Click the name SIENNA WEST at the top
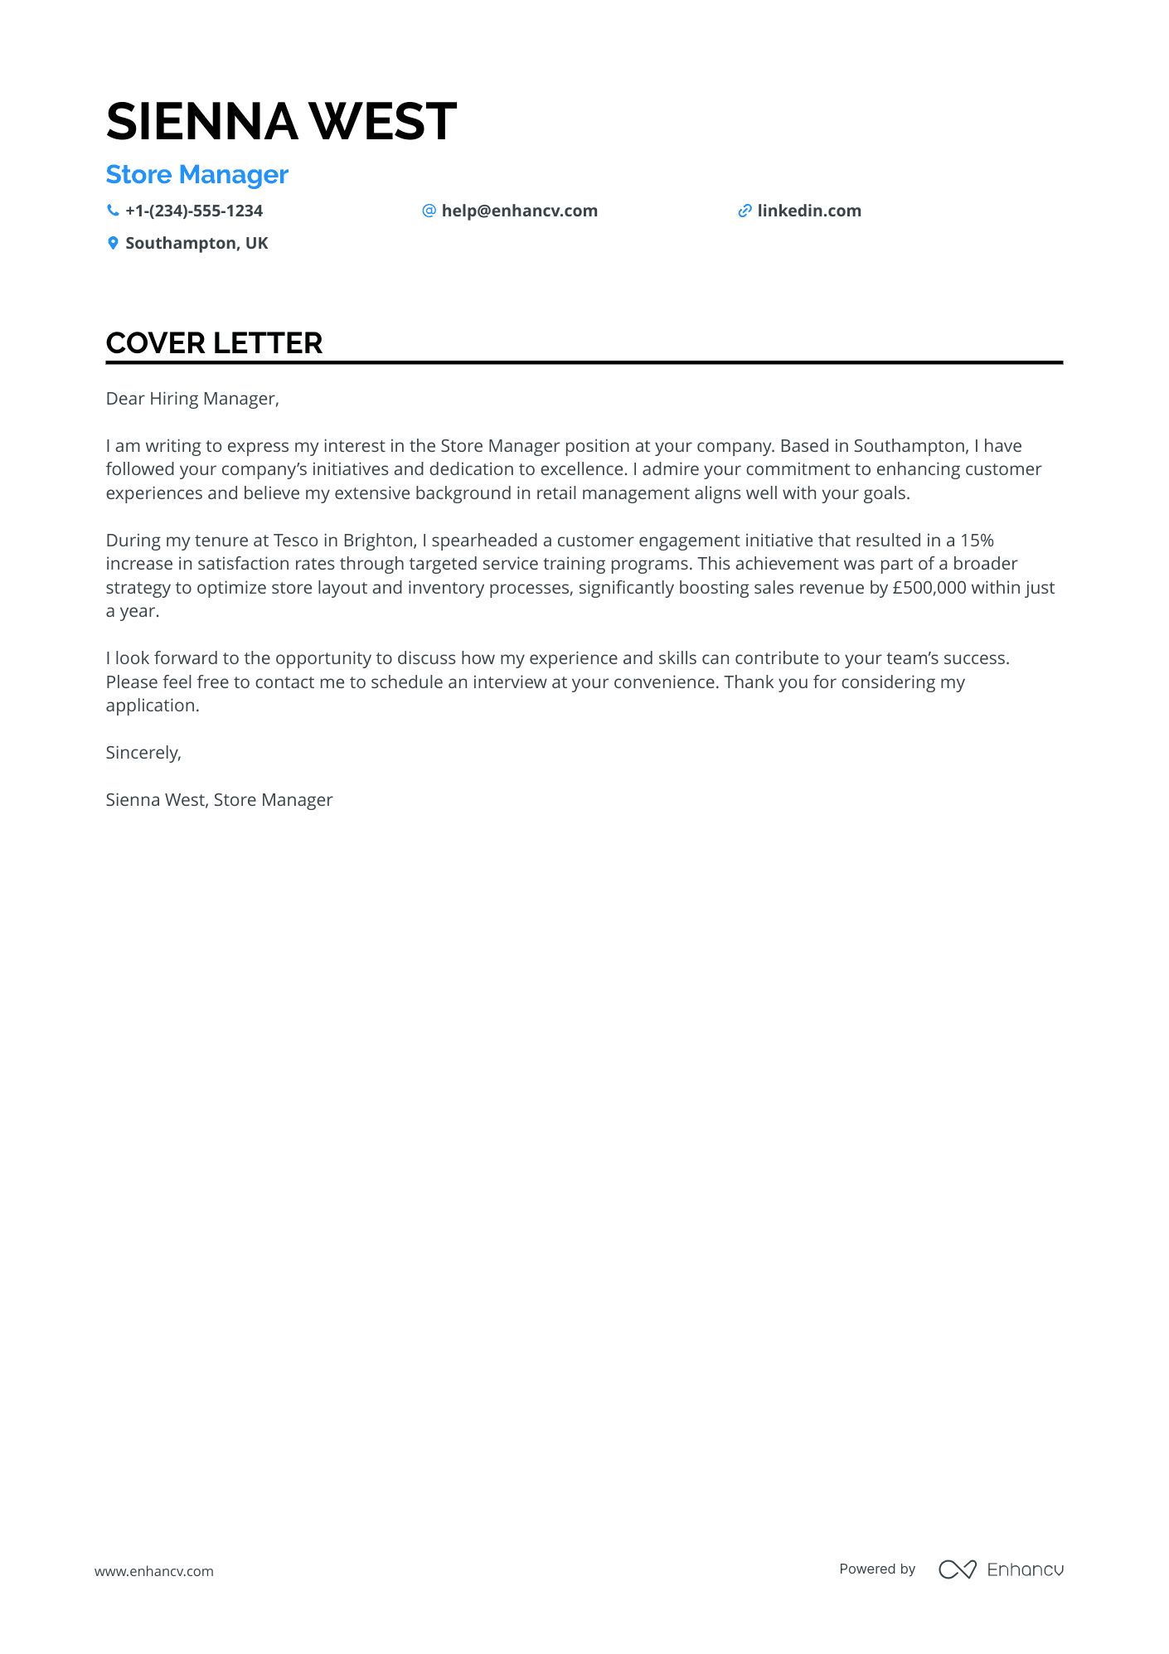click(x=281, y=121)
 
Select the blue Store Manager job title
click(x=196, y=175)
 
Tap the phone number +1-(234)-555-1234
click(x=193, y=211)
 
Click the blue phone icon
click(x=113, y=211)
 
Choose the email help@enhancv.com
click(x=519, y=211)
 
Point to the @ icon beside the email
click(x=429, y=211)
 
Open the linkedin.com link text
click(x=808, y=211)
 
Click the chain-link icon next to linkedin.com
click(x=745, y=211)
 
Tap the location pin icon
click(x=113, y=243)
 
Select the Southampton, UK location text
click(x=196, y=243)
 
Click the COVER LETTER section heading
click(x=214, y=343)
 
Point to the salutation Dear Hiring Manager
click(x=192, y=399)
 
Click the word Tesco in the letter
click(x=295, y=541)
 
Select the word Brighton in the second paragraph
click(x=378, y=541)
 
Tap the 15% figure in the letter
click(x=977, y=541)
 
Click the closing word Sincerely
click(x=143, y=753)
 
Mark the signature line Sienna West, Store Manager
click(x=219, y=800)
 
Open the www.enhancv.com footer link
click(x=154, y=1571)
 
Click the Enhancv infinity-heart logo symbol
click(x=957, y=1569)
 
